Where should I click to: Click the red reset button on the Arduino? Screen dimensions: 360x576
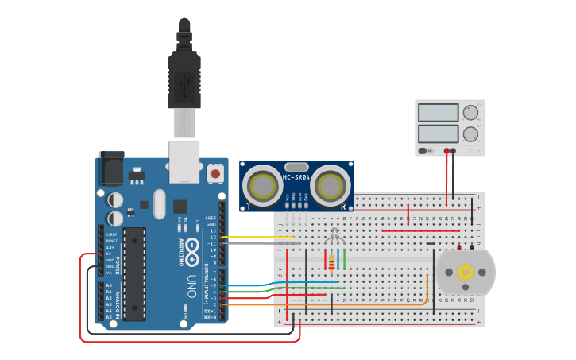point(215,172)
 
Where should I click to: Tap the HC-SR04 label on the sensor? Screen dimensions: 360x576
point(296,177)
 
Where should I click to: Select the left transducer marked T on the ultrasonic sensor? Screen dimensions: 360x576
point(261,184)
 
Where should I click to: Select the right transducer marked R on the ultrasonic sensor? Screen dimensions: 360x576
point(331,184)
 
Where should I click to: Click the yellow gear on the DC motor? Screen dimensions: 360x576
point(466,272)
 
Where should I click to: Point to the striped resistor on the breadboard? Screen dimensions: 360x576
point(331,261)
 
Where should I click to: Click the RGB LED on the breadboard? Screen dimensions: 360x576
point(334,236)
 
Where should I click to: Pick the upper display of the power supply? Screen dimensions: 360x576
point(438,113)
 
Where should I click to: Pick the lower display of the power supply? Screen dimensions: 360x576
point(438,133)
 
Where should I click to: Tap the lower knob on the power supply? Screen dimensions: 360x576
point(471,134)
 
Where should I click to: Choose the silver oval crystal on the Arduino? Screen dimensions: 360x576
point(159,203)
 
